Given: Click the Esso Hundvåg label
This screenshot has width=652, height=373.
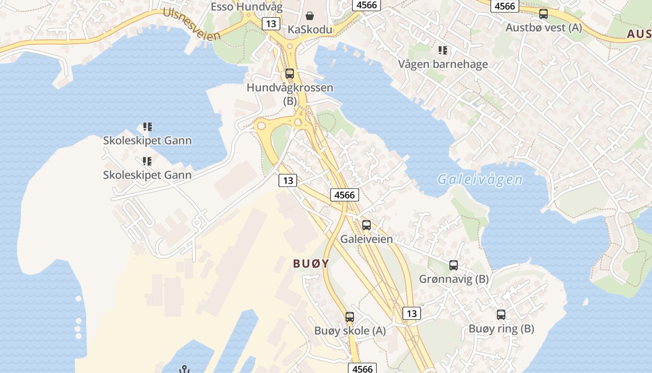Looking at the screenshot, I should click(x=240, y=7).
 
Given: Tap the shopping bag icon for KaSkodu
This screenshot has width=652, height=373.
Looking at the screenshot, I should click(x=310, y=16).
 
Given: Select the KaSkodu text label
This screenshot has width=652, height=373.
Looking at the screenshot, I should click(x=310, y=30).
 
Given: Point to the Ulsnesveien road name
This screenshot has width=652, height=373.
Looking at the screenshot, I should click(x=191, y=24).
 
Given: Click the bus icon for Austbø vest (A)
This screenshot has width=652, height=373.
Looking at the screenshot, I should click(x=543, y=14).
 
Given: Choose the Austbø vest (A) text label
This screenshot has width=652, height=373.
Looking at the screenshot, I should click(x=543, y=28).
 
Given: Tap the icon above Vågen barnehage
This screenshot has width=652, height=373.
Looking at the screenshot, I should click(x=442, y=50).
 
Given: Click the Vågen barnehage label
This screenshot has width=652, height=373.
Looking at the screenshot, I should click(x=442, y=64).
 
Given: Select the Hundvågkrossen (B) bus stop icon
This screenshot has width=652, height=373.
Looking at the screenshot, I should click(x=290, y=74).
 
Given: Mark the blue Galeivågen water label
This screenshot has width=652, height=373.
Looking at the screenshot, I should click(x=480, y=180).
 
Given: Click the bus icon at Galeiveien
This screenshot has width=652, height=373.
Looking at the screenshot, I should click(x=367, y=225).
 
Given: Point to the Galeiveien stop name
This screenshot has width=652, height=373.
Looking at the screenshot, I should click(x=367, y=239).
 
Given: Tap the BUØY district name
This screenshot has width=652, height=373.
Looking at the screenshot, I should click(x=311, y=263).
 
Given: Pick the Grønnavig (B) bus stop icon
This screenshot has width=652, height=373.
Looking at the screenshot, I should click(x=454, y=265).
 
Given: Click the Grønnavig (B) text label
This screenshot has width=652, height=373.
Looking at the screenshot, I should click(x=454, y=279).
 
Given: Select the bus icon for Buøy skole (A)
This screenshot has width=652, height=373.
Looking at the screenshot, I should click(x=350, y=317).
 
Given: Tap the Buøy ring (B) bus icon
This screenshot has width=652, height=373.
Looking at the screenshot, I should click(x=501, y=315).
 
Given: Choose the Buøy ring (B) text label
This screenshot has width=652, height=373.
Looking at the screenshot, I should click(x=501, y=329).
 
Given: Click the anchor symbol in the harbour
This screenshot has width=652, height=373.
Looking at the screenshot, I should click(x=184, y=370).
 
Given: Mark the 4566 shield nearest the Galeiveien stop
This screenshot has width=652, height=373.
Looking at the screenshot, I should click(x=345, y=195).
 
